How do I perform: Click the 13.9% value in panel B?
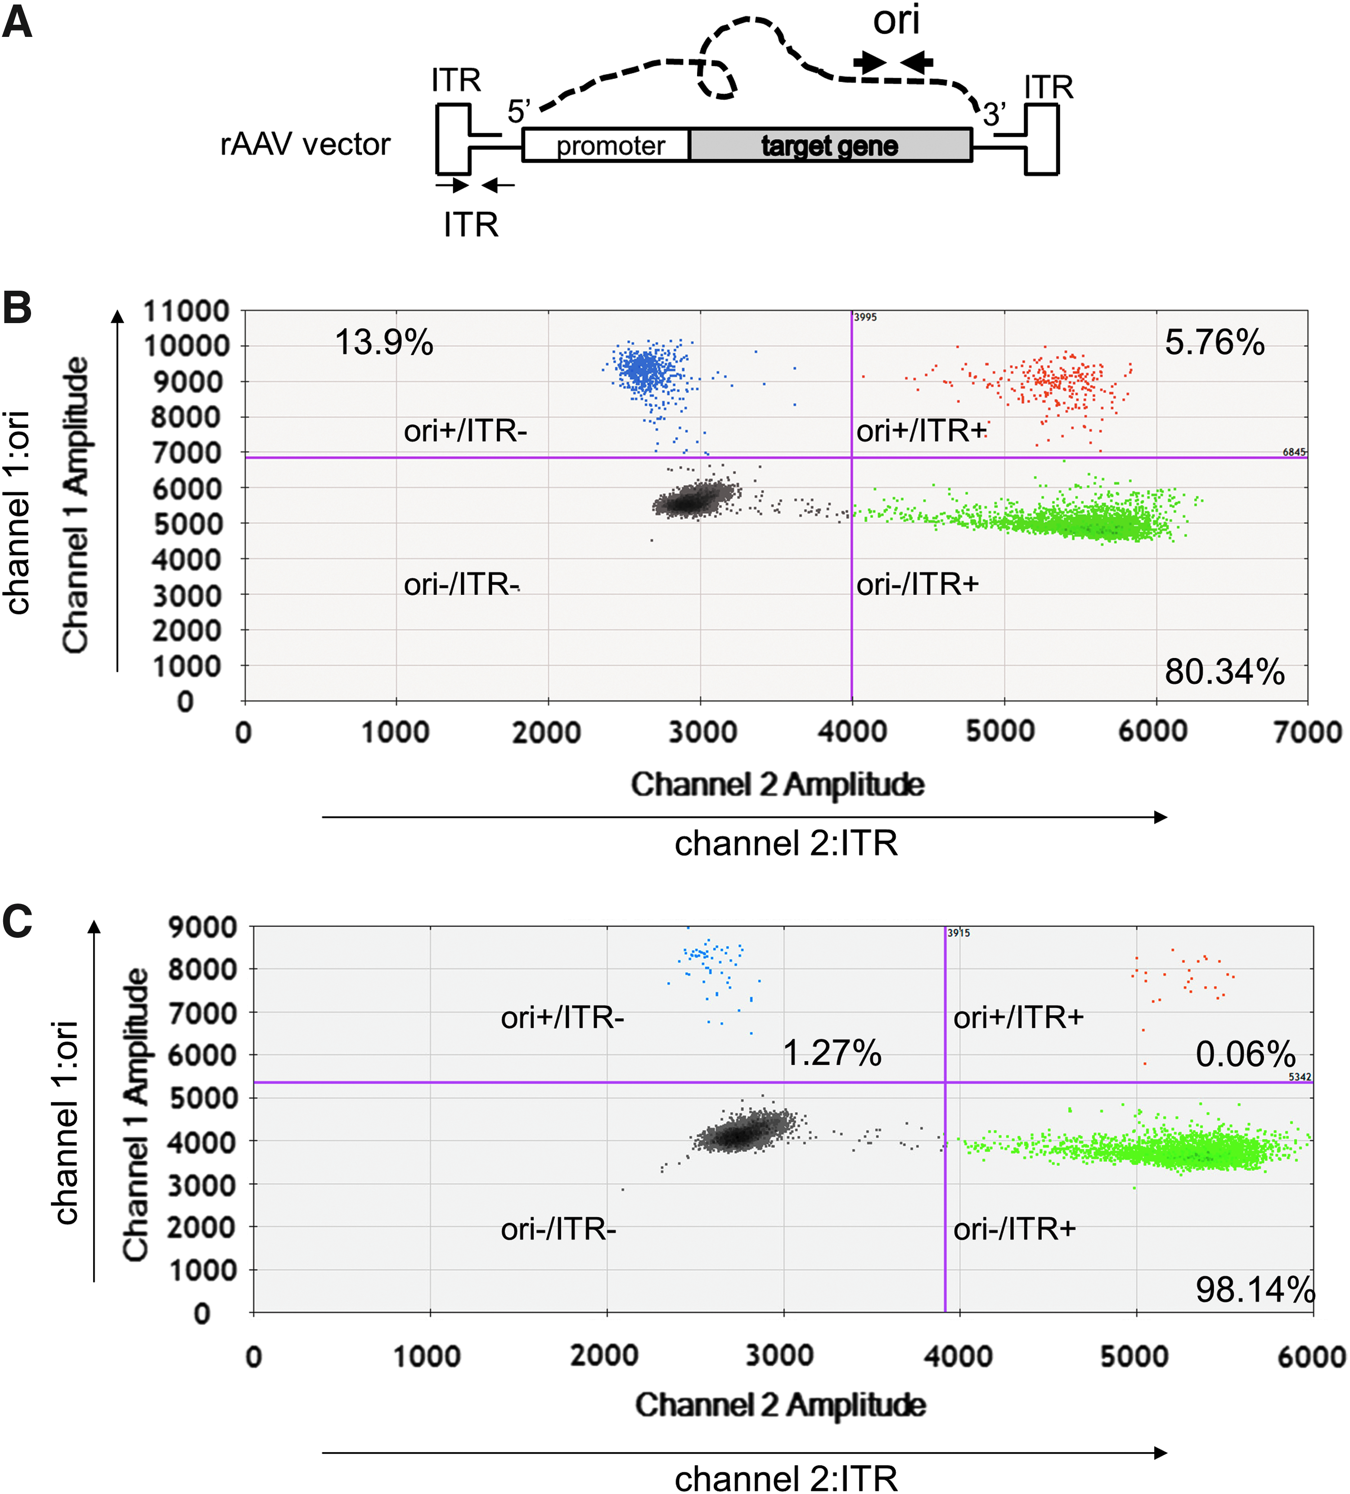click(384, 342)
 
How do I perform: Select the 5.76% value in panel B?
click(1215, 342)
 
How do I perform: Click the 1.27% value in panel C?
click(832, 1053)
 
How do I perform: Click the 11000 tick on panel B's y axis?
click(186, 311)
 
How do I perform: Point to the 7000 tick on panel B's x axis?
click(1308, 732)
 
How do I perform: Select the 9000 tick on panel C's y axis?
click(202, 927)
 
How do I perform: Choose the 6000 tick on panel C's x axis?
click(1311, 1357)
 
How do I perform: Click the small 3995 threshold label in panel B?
click(865, 317)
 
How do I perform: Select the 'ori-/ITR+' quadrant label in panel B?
click(917, 585)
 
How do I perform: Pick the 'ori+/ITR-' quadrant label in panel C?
click(562, 1017)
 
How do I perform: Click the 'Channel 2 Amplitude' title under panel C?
click(780, 1404)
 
